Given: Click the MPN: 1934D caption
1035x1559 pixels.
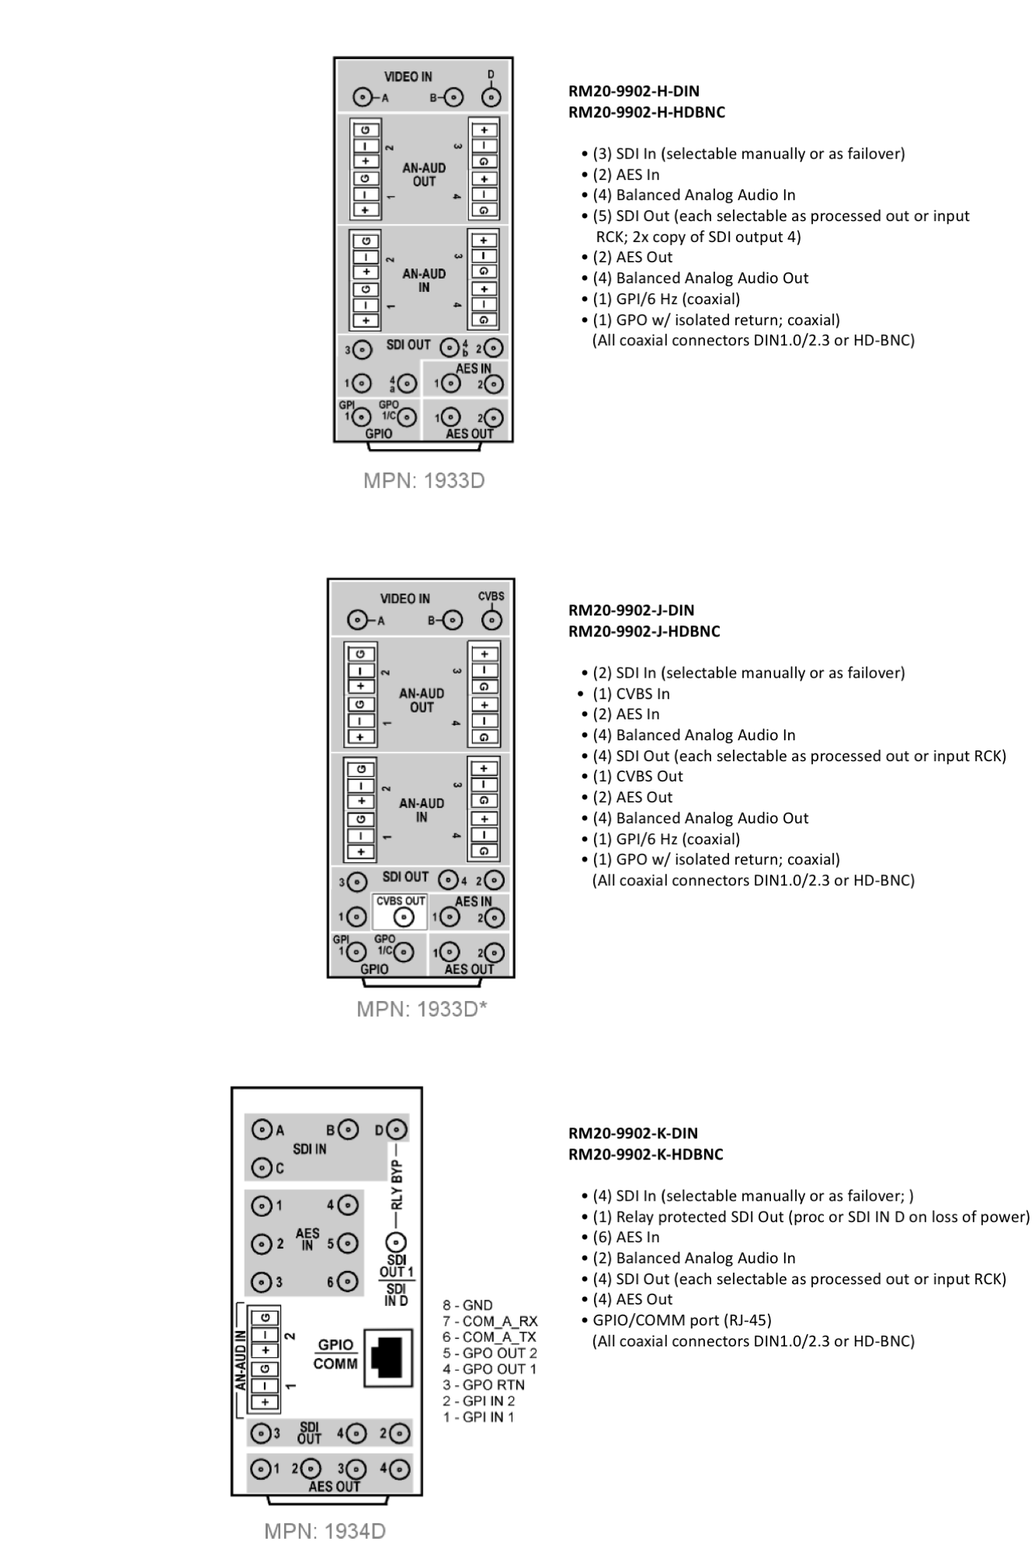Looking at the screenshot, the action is (325, 1530).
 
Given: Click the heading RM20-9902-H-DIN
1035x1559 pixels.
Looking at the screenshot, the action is (634, 92).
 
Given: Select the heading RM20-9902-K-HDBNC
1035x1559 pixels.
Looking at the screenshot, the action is (646, 1154).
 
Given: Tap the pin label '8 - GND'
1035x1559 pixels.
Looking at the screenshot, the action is (467, 1305).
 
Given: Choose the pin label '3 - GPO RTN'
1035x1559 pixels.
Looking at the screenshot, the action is (484, 1384).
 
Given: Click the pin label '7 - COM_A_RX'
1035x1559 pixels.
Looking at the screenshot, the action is (490, 1321).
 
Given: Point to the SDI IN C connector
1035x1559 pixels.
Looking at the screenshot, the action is (262, 1167).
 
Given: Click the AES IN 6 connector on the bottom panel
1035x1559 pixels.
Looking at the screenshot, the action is (348, 1282).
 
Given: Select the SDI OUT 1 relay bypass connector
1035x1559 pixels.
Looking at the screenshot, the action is (396, 1240).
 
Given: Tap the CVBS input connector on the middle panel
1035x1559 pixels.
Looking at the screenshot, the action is (491, 620).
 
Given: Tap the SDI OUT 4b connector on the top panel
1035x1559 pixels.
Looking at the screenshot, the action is (449, 348).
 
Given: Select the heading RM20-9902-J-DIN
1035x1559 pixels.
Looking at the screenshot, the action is (631, 610).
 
